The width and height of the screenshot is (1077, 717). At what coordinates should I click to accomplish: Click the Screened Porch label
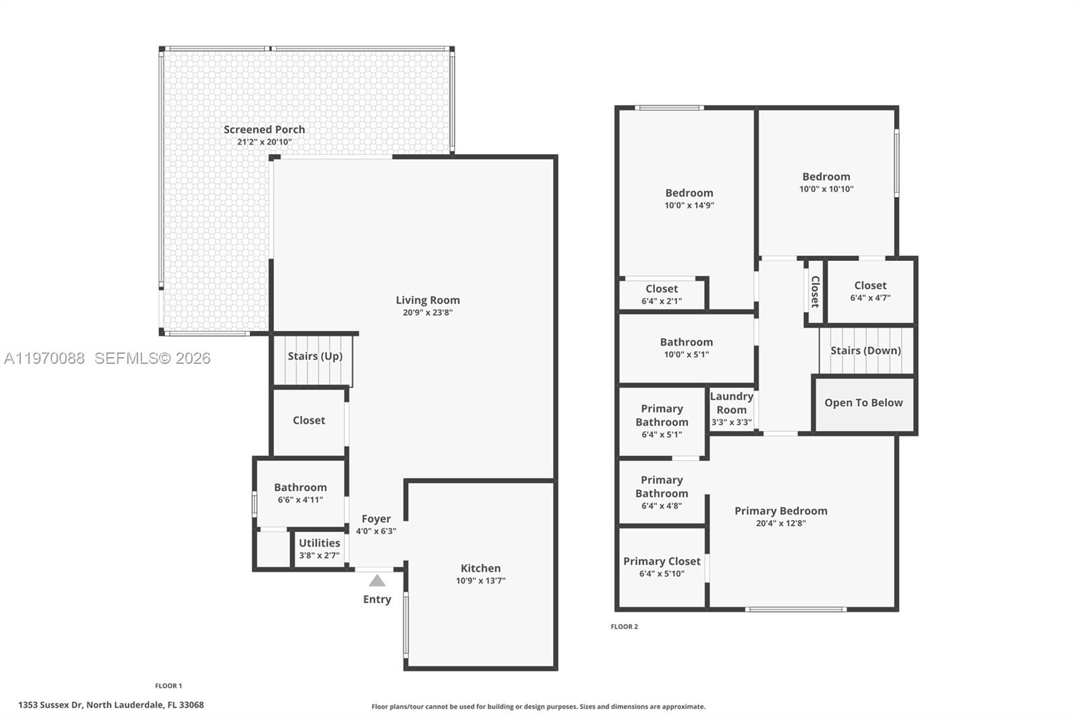[x=264, y=130]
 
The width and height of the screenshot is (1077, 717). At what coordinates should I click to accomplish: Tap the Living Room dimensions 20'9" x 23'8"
[x=427, y=313]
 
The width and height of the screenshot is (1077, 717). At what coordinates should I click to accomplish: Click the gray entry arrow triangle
[x=377, y=580]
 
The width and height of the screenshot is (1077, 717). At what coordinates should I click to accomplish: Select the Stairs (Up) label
[x=315, y=356]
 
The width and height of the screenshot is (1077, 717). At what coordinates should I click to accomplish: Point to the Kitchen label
[x=480, y=568]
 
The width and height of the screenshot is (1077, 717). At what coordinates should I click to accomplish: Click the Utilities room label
[x=319, y=543]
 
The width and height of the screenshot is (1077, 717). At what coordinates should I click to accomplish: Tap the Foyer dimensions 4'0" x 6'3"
[x=376, y=531]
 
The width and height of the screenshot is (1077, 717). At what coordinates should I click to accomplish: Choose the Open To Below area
[x=864, y=403]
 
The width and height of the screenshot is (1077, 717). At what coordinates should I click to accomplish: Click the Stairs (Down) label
[x=865, y=350]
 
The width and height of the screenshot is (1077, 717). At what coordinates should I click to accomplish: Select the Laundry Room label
[x=731, y=403]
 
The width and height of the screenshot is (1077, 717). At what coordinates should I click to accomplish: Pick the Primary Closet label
[x=662, y=562]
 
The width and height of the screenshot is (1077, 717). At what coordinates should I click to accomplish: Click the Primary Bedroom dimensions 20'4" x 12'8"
[x=781, y=523]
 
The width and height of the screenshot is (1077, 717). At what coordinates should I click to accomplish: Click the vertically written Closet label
[x=814, y=291]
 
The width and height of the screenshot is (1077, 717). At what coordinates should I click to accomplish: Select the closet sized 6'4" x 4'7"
[x=870, y=291]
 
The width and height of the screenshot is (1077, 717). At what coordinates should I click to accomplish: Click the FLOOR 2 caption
[x=624, y=627]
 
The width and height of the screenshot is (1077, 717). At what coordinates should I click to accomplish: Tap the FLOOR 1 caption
[x=168, y=686]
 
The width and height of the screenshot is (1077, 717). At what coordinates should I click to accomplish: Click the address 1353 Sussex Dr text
[x=110, y=705]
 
